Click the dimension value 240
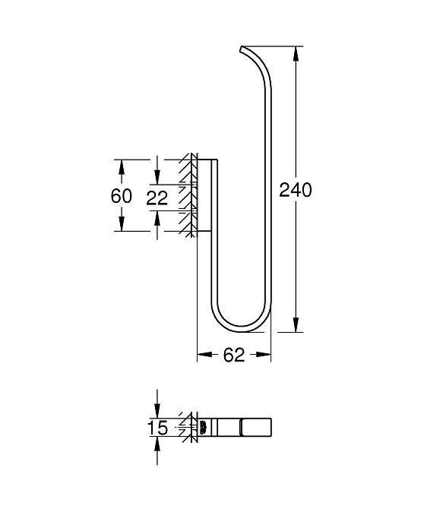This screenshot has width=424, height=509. tap(296, 190)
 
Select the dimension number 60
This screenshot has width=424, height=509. tap(122, 195)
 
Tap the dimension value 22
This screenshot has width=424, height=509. tap(157, 198)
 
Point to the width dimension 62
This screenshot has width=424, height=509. tap(234, 355)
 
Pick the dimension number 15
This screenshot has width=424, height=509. tap(157, 428)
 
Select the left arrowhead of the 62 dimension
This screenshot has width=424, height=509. tap(202, 355)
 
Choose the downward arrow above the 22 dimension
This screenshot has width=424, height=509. tap(157, 179)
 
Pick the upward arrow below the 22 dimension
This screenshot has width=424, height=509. tap(157, 217)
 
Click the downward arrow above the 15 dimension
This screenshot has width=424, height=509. tap(157, 411)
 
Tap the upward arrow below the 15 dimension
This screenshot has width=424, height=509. tap(157, 446)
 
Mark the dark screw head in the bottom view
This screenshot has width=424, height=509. tap(202, 428)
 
